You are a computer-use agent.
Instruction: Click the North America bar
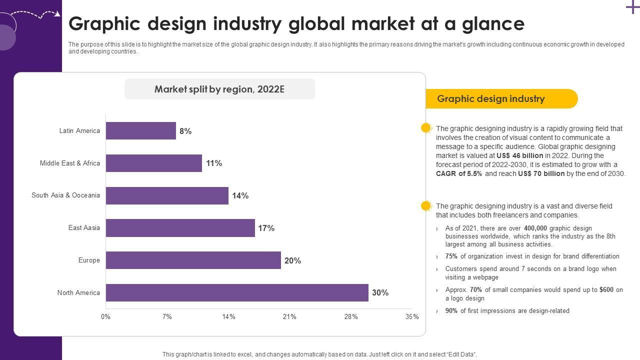tap(237, 292)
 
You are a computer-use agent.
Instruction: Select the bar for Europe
tap(193, 260)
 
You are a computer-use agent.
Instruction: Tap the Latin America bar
tap(140, 130)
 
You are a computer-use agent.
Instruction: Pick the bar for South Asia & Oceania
tap(167, 195)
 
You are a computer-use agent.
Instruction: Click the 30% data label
tap(380, 293)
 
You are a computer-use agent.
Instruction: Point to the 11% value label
tap(214, 163)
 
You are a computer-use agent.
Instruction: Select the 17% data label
tap(266, 228)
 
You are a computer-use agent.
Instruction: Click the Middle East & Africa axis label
tap(70, 163)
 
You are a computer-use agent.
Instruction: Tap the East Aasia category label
tap(84, 227)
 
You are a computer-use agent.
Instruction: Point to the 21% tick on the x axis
tap(289, 316)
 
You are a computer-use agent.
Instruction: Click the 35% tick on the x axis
tap(412, 316)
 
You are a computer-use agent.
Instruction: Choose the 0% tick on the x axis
tap(105, 316)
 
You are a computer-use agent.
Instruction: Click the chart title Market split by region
tap(219, 89)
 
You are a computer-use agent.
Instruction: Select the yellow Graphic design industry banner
tap(500, 98)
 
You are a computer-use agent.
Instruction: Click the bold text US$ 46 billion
tap(519, 155)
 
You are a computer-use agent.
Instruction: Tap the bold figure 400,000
tap(535, 228)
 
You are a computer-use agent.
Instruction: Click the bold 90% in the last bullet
tap(451, 311)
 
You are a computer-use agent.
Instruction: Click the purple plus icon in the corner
tap(632, 7)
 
